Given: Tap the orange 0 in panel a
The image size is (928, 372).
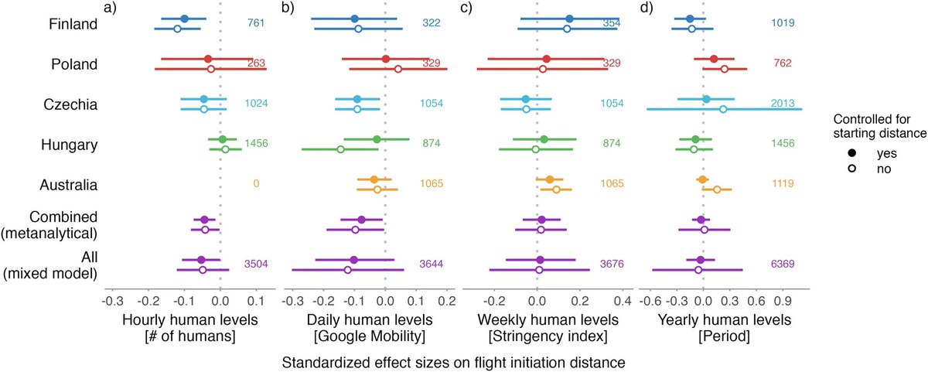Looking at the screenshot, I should tap(255, 184).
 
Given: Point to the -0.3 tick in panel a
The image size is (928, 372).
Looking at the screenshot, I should tap(113, 300).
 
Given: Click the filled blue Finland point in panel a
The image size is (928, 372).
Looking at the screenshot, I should tap(184, 18).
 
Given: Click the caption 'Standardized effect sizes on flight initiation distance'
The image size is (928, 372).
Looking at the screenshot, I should tap(452, 361).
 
